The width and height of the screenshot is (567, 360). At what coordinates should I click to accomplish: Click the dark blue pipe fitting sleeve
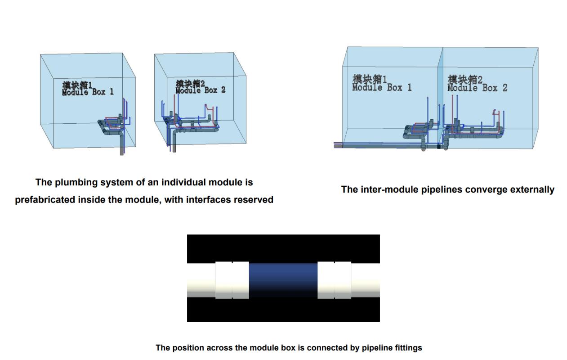pyautogui.click(x=283, y=280)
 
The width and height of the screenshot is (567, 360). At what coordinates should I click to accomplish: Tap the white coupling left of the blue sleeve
pyautogui.click(x=232, y=280)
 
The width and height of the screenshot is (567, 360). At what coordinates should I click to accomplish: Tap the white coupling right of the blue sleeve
pyautogui.click(x=335, y=280)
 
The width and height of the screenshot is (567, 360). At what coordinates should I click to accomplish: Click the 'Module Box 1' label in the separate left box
pyautogui.click(x=88, y=92)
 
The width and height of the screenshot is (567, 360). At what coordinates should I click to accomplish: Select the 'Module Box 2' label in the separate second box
pyautogui.click(x=200, y=90)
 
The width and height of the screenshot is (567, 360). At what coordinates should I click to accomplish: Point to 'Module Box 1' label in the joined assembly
pyautogui.click(x=382, y=88)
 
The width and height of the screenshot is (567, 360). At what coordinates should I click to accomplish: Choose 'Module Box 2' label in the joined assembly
pyautogui.click(x=477, y=88)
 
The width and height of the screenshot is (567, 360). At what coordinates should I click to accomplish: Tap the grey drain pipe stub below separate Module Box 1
pyautogui.click(x=122, y=151)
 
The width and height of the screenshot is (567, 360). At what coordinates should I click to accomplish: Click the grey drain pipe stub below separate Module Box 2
pyautogui.click(x=174, y=148)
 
